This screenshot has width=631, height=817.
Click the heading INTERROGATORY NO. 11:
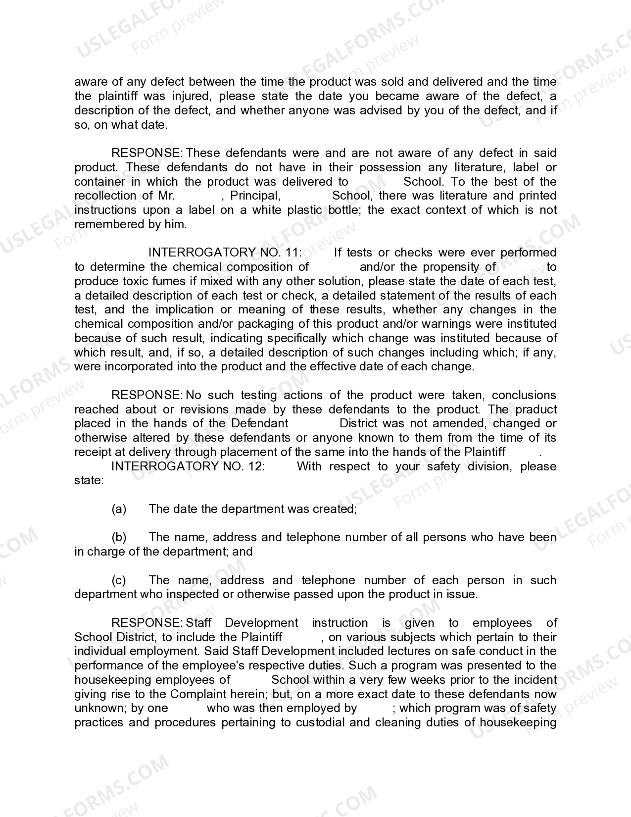pyautogui.click(x=225, y=253)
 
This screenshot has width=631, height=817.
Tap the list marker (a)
pyautogui.click(x=119, y=509)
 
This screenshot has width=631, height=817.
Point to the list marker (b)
pyautogui.click(x=119, y=537)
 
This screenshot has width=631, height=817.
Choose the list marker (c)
pyautogui.click(x=119, y=580)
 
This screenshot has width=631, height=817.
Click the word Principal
pyautogui.click(x=255, y=196)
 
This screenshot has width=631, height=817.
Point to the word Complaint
pyautogui.click(x=195, y=694)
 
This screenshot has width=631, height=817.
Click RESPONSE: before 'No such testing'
pyautogui.click(x=147, y=395)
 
